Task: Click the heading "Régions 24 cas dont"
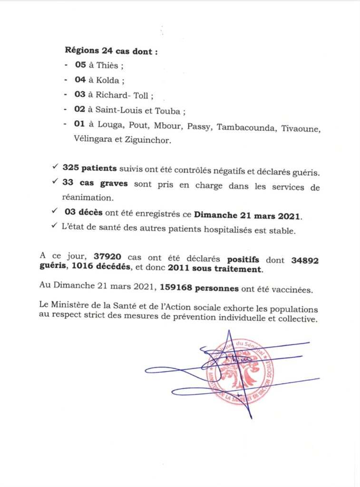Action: [x=110, y=51]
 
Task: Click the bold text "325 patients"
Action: [x=89, y=168]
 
